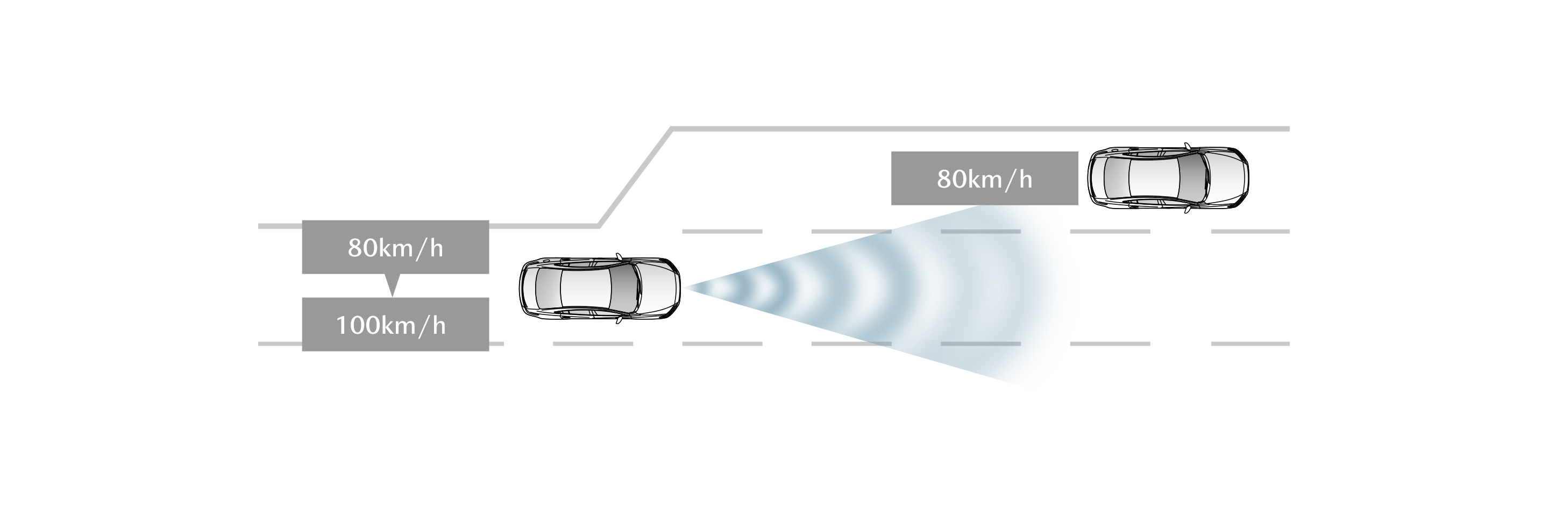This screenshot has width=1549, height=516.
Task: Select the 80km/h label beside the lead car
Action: click(984, 179)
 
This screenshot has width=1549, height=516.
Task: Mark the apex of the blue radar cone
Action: click(683, 288)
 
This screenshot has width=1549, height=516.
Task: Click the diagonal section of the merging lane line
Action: click(635, 178)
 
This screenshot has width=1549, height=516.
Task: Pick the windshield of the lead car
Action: click(1193, 178)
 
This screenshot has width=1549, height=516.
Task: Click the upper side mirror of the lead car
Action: click(1187, 146)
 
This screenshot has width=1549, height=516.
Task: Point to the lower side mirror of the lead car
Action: click(1187, 210)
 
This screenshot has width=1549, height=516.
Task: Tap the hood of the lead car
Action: click(1227, 178)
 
